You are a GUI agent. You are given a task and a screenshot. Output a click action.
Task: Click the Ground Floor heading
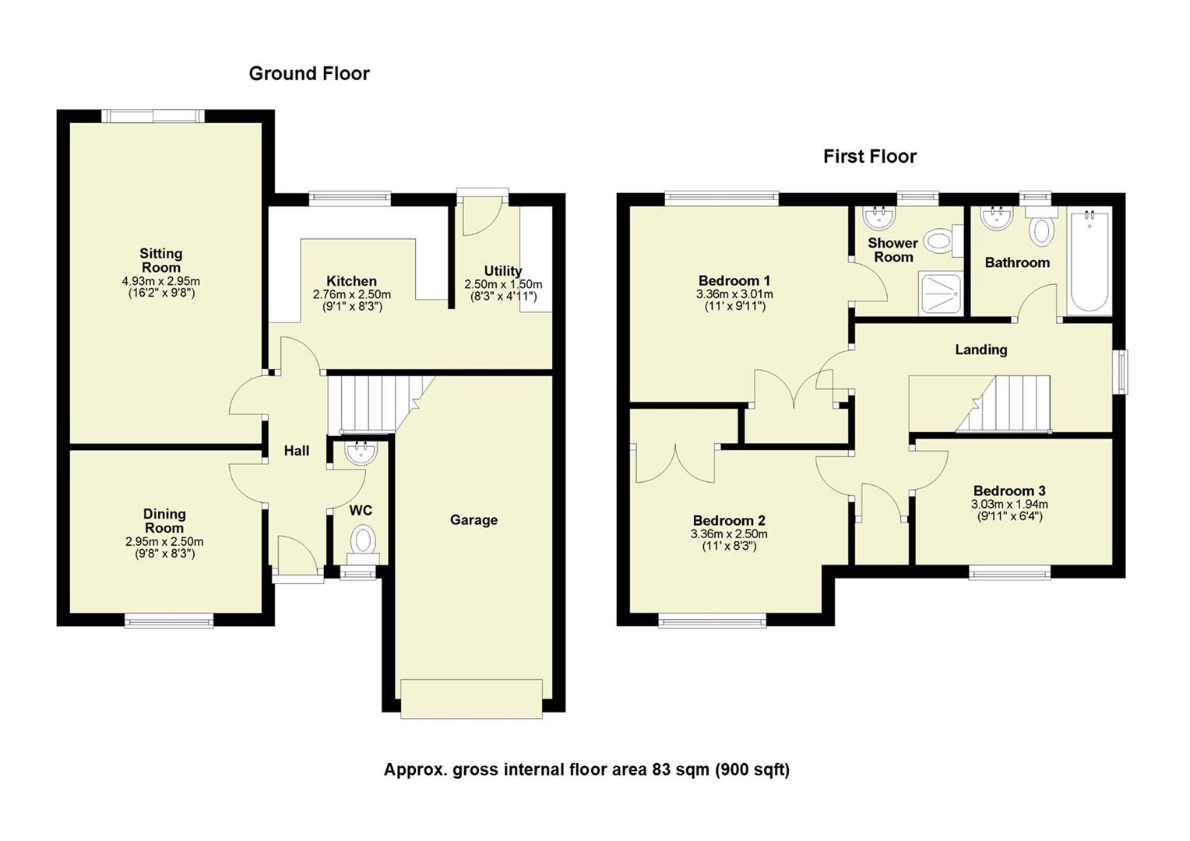tap(309, 73)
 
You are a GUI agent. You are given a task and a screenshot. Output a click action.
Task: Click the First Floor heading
tap(869, 157)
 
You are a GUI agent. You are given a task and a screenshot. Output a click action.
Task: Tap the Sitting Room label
tap(161, 260)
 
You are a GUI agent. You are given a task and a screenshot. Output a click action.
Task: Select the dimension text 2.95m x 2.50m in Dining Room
tap(164, 542)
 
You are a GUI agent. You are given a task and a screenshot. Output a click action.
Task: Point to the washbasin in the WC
tap(361, 453)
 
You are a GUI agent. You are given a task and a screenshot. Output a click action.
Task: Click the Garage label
tap(474, 520)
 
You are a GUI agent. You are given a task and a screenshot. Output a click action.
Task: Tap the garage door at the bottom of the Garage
tap(471, 698)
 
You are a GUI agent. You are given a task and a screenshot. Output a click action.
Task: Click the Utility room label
tap(503, 271)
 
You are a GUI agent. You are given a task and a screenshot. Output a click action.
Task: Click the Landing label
tap(981, 350)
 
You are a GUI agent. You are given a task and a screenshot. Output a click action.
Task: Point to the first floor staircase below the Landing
tap(1005, 403)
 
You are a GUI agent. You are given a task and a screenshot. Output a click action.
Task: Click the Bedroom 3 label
tap(1009, 491)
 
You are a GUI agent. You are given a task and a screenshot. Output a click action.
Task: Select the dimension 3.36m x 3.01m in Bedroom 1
tap(734, 294)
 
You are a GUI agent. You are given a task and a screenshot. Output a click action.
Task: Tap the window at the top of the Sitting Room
tap(153, 116)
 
